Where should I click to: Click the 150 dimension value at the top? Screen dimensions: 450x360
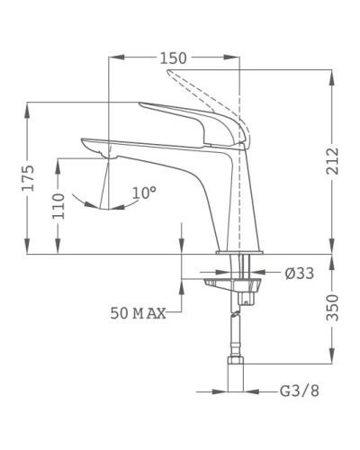pos(174,58)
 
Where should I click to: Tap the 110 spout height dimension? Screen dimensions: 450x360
pos(58,210)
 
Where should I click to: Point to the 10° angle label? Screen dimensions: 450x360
pos(144,192)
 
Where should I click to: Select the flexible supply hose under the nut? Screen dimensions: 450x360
pos(240,333)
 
